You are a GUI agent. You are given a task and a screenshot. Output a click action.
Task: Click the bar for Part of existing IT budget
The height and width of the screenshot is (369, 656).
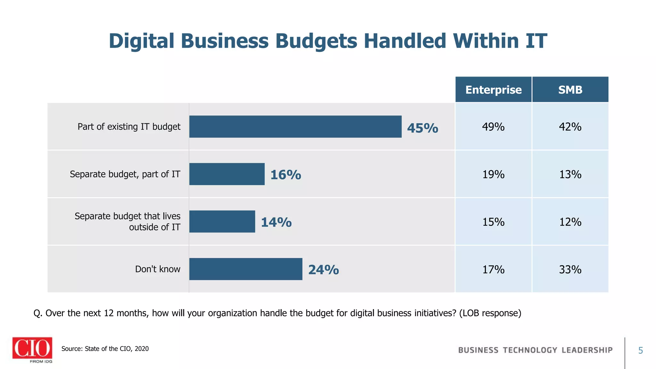pos(295,127)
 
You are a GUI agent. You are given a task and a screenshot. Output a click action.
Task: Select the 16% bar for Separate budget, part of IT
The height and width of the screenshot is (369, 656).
pos(227,174)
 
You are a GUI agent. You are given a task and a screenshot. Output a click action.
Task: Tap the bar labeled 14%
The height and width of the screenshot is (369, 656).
pos(222,221)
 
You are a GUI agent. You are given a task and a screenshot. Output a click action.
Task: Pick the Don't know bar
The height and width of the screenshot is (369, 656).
pos(246,269)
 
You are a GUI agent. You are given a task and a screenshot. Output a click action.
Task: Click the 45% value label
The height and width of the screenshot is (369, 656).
pos(422,128)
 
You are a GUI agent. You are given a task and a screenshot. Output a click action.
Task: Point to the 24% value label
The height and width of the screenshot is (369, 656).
pos(324,270)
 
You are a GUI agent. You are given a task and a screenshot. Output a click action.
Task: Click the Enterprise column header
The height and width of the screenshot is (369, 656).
pos(493,90)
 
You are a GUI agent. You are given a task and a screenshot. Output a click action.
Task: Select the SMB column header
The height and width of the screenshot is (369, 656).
pos(570,90)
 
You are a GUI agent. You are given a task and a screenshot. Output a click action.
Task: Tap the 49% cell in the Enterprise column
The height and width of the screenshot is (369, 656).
pos(493,127)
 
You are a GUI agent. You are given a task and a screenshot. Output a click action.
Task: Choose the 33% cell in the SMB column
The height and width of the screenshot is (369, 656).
pos(570,269)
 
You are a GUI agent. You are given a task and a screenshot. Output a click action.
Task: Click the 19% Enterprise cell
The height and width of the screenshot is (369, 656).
pos(493,174)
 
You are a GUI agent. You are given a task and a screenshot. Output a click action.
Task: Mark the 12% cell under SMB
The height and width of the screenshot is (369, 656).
pos(570,222)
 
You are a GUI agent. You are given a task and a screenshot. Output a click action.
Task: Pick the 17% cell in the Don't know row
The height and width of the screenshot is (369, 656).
pos(493,269)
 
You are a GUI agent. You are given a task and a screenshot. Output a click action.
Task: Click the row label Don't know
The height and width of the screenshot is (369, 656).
pos(158,269)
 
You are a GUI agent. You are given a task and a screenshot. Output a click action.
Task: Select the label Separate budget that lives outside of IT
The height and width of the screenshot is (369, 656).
pos(127,221)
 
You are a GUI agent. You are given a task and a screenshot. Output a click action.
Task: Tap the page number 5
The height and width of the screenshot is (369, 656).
pos(640,350)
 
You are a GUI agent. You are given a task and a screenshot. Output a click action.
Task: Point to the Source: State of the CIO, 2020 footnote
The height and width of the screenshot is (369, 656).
pos(105,348)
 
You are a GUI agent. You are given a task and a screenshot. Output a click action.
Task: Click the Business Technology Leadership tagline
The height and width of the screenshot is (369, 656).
pos(535,350)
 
